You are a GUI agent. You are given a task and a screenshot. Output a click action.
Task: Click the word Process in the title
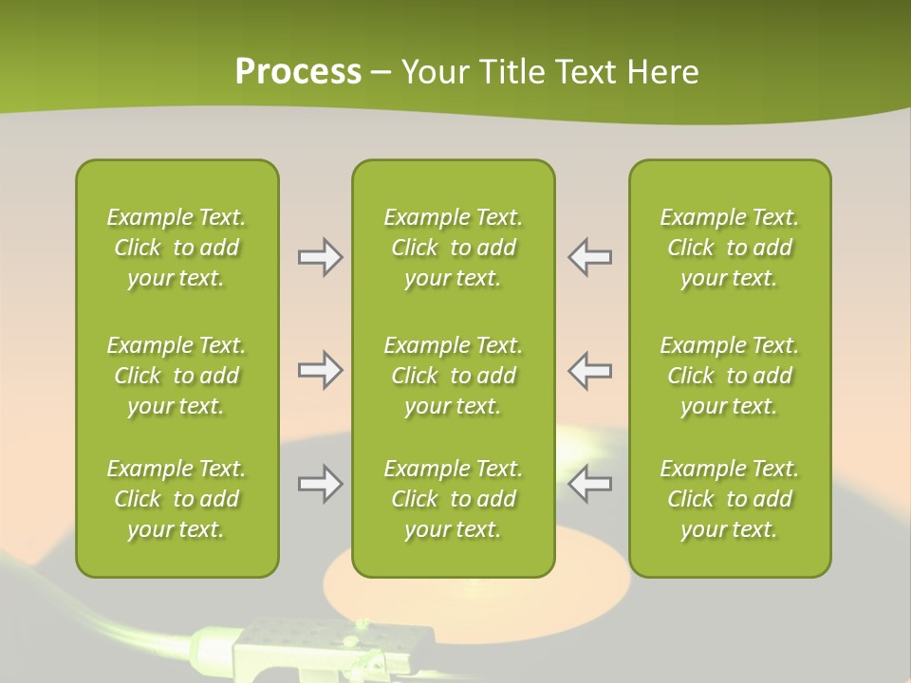(298, 72)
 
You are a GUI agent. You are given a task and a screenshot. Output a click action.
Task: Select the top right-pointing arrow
(320, 257)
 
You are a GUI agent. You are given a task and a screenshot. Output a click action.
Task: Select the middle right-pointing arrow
(320, 370)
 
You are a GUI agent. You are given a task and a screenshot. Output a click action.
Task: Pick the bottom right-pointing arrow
(320, 484)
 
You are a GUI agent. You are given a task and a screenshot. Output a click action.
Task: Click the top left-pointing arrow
(589, 257)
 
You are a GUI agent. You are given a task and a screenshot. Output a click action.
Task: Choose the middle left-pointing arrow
(589, 370)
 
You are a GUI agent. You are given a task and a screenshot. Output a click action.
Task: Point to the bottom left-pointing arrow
(589, 484)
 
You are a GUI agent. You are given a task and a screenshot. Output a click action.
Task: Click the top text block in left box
(177, 248)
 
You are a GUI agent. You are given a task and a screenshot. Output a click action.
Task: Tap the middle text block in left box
(177, 376)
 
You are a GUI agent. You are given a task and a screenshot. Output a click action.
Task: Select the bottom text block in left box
(177, 499)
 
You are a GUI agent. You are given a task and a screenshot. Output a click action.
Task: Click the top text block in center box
(453, 248)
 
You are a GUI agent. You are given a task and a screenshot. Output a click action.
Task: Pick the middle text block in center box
(453, 376)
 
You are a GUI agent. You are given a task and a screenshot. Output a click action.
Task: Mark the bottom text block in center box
(453, 499)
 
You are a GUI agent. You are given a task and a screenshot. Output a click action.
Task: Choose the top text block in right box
(729, 248)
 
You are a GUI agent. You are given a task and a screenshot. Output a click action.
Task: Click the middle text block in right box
(729, 376)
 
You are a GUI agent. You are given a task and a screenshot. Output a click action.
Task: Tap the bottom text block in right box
(729, 499)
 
